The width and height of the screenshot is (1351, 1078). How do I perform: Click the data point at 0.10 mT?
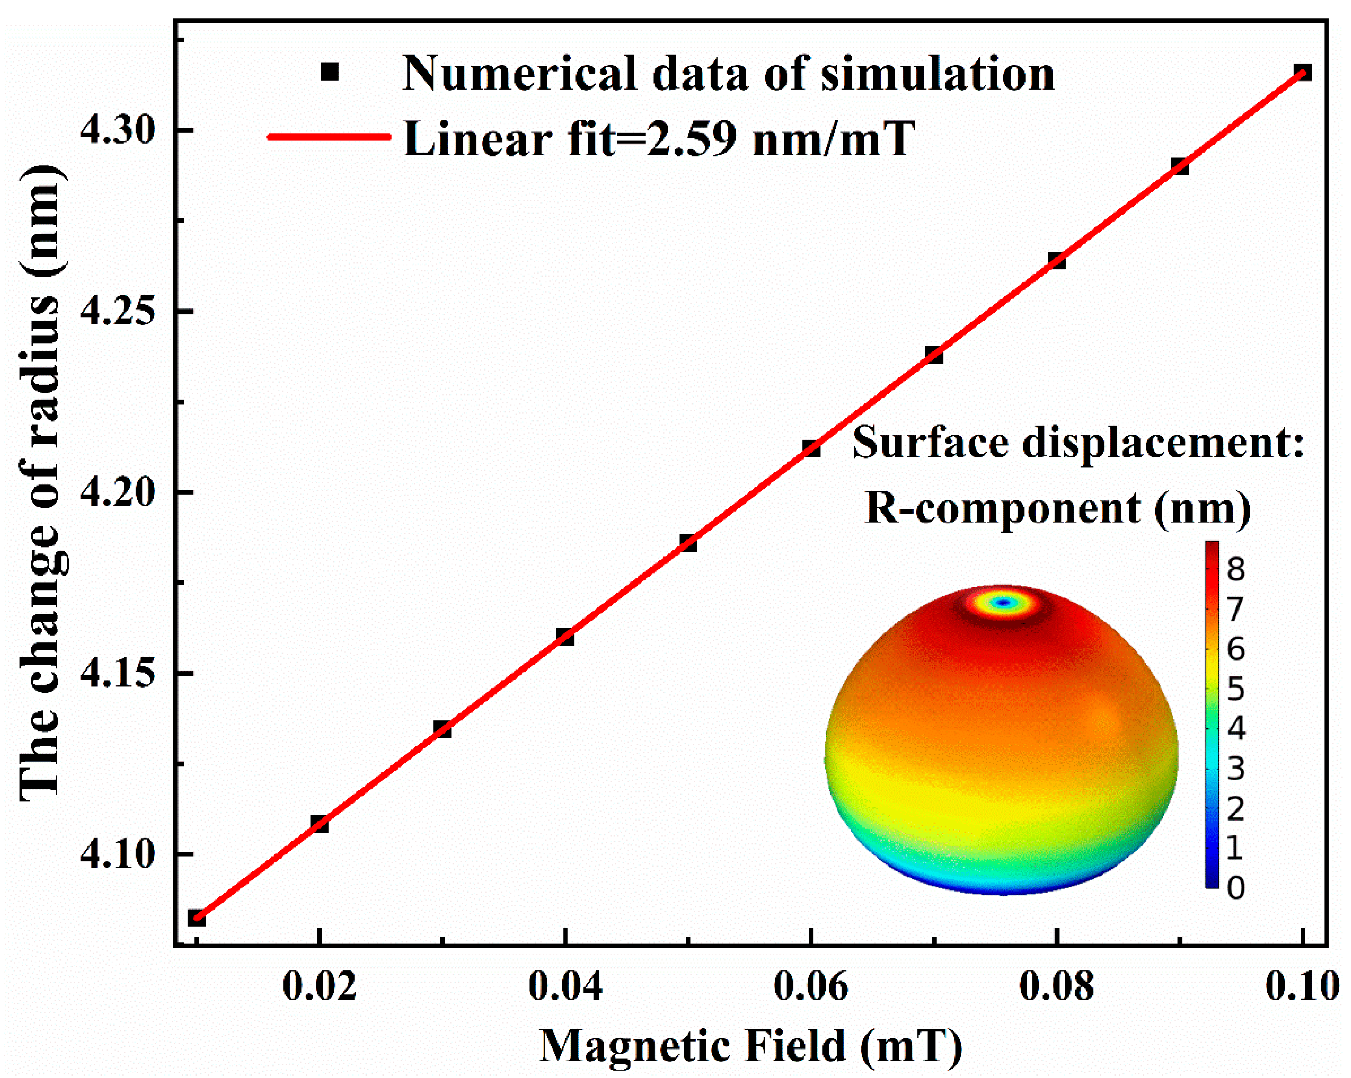click(1303, 73)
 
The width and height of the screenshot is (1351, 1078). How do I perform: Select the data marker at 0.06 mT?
click(811, 449)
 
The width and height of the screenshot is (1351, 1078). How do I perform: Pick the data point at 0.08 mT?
click(1056, 260)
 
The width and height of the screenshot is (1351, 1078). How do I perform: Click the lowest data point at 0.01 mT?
click(196, 918)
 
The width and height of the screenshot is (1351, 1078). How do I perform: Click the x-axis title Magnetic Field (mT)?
click(751, 1045)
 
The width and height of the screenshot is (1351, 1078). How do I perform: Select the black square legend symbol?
click(330, 72)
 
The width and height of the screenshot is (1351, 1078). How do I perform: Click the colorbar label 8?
click(1235, 570)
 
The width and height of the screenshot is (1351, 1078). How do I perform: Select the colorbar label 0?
click(1235, 888)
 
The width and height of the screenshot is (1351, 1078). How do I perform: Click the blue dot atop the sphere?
click(1004, 603)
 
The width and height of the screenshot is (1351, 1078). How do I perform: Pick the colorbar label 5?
click(1235, 689)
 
